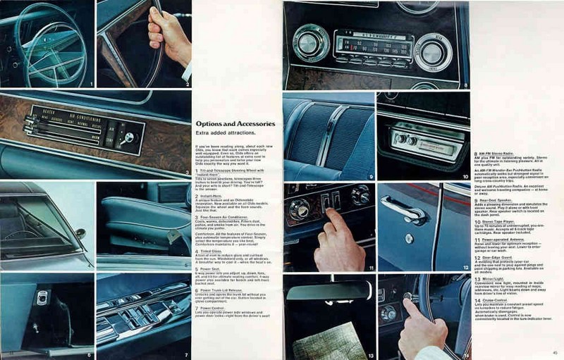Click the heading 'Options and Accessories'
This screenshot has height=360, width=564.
point(235,124)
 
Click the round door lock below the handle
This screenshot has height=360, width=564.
point(409,238)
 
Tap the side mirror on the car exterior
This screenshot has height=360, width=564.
point(81,233)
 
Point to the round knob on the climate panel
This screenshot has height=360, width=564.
point(129,138)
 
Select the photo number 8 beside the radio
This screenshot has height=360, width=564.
point(465,85)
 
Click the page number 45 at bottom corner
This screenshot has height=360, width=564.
point(555,353)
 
